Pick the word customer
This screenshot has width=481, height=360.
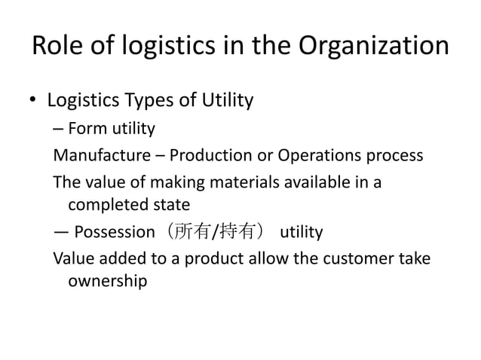pos(356,259)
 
